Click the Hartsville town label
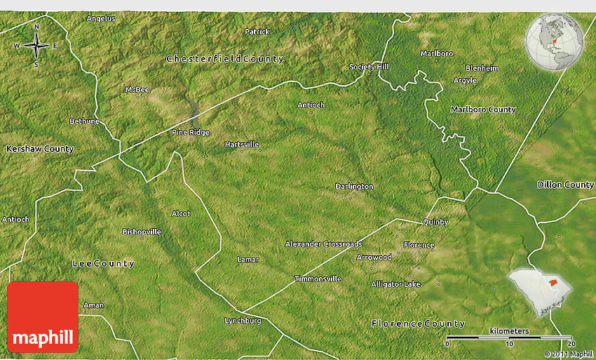click(x=242, y=145)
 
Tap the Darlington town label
click(x=354, y=186)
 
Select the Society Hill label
click(x=369, y=67)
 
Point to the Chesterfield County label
click(x=225, y=59)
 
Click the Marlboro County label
click(x=483, y=109)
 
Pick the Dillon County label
click(x=565, y=185)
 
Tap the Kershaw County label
click(x=39, y=149)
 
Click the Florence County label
click(x=418, y=324)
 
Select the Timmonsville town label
click(x=318, y=279)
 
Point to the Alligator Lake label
click(x=396, y=284)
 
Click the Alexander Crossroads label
click(x=323, y=244)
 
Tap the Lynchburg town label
click(x=243, y=321)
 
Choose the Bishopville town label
click(x=142, y=232)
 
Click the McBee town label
click(x=137, y=90)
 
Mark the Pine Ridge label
click(x=191, y=132)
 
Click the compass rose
click(x=36, y=46)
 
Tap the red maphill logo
click(x=43, y=316)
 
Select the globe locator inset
click(x=555, y=44)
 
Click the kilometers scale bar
click(x=509, y=338)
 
